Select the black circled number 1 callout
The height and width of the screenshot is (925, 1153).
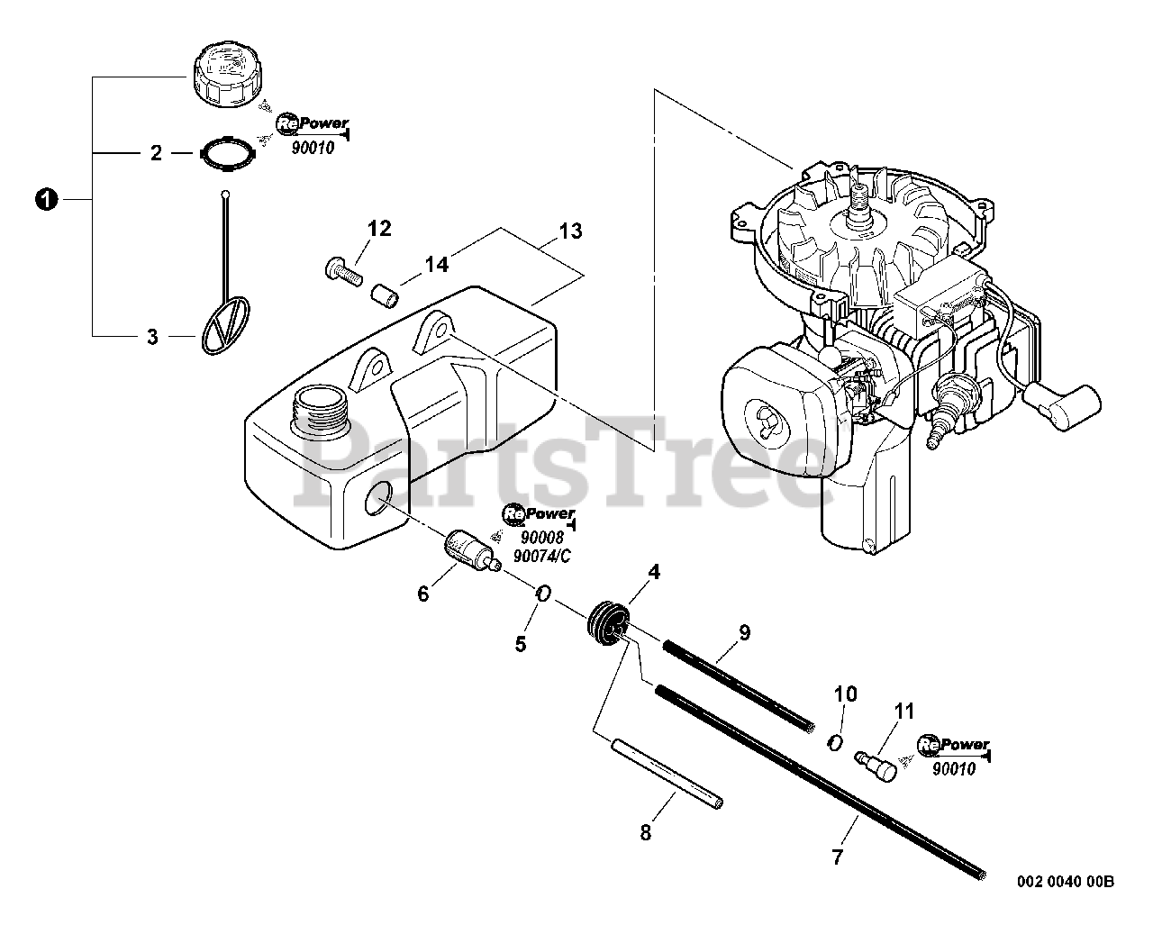[42, 199]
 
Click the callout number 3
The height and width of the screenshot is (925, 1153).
[153, 337]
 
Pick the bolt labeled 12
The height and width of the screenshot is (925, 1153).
[340, 268]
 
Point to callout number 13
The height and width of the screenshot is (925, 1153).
[570, 231]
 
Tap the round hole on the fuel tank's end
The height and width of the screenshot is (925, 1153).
[378, 498]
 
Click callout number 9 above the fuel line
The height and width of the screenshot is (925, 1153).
[744, 632]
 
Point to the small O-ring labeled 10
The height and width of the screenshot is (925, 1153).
[835, 740]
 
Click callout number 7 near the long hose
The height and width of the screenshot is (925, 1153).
[837, 857]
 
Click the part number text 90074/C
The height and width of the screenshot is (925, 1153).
[540, 556]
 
